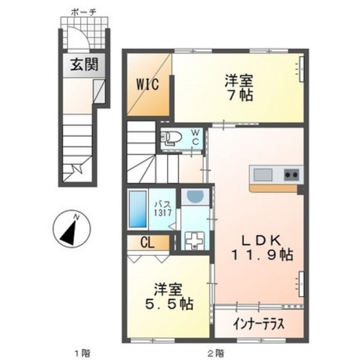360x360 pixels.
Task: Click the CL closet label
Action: (x=148, y=243)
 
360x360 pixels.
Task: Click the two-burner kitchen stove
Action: (x=291, y=174)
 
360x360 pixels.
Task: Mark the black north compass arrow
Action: (x=71, y=230)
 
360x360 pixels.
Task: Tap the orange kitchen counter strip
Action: (x=275, y=189)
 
